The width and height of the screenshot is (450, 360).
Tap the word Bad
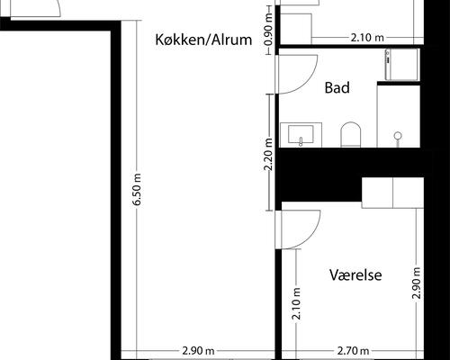337,88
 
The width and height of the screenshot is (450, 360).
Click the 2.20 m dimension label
267,154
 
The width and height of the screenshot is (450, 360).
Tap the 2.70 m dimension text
355,351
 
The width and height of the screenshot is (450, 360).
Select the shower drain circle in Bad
397,136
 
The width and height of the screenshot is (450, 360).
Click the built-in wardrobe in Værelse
392,191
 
